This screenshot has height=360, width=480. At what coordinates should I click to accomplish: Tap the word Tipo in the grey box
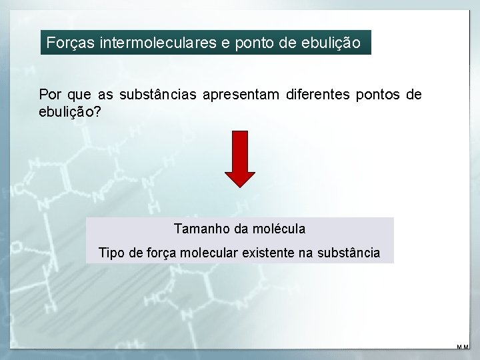[x=111, y=253]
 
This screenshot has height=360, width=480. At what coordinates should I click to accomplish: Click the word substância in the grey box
[x=349, y=253]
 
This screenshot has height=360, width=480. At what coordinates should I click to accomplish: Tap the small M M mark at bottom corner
[x=463, y=347]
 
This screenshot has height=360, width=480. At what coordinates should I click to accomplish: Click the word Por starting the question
[x=50, y=95]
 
